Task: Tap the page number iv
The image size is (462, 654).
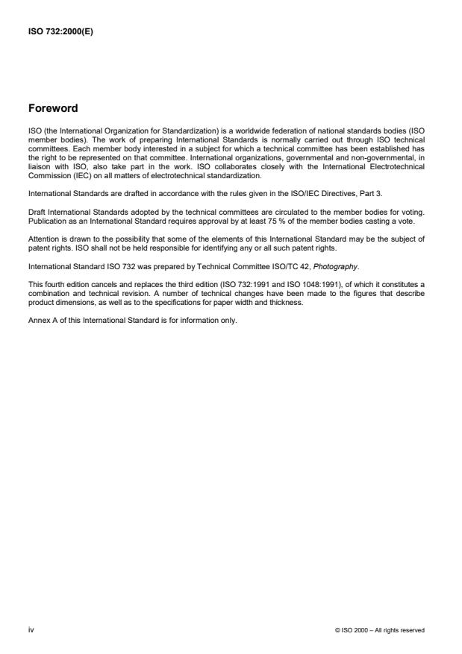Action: pyautogui.click(x=31, y=630)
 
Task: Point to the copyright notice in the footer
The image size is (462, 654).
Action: pyautogui.click(x=381, y=630)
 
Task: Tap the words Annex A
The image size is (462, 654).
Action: pyautogui.click(x=43, y=322)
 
